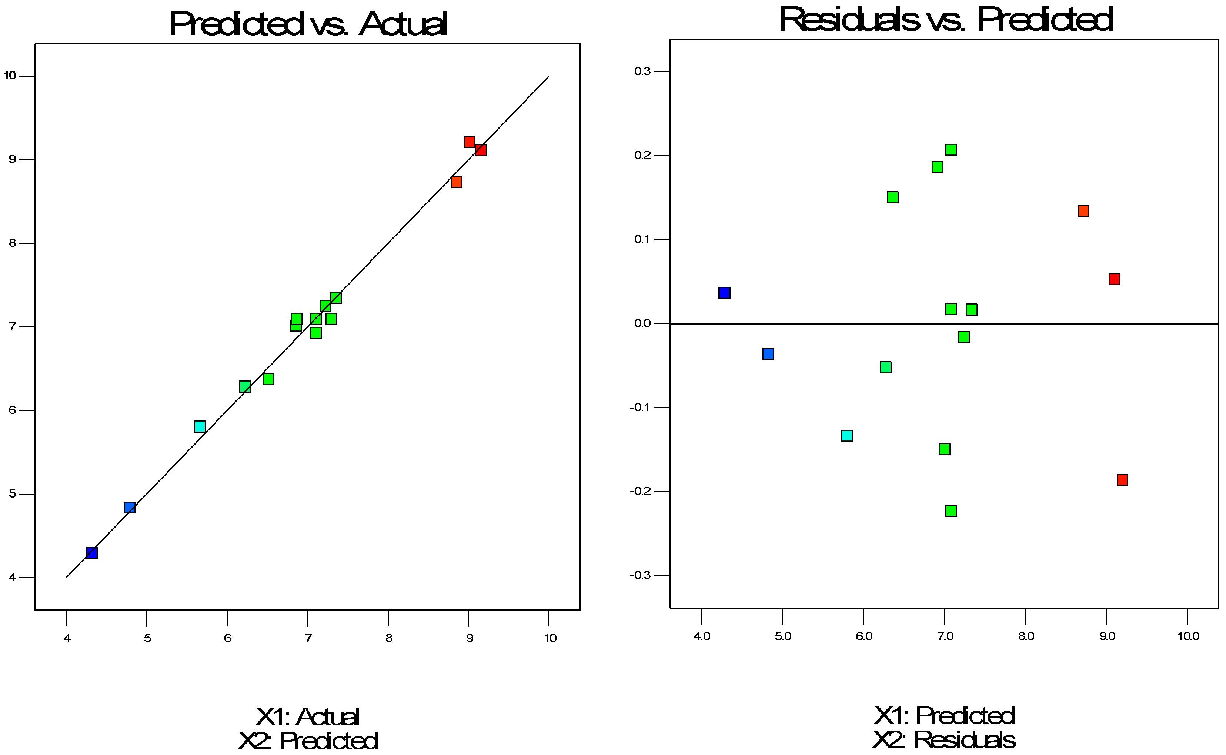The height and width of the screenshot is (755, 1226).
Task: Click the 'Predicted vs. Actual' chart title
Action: (x=307, y=24)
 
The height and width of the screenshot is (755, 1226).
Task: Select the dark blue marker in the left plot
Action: (x=92, y=553)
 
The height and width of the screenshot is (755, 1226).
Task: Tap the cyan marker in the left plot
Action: (x=200, y=426)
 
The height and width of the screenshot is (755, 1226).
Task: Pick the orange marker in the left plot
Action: (x=456, y=182)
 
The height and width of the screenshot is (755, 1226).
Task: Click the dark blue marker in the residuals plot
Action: (x=724, y=293)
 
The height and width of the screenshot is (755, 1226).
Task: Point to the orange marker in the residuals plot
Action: (x=1083, y=211)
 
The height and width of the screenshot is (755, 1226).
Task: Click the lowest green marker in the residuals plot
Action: (x=951, y=511)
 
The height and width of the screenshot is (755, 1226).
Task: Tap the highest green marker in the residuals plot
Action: (x=951, y=150)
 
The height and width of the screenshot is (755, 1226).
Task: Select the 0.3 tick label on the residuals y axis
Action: (x=642, y=71)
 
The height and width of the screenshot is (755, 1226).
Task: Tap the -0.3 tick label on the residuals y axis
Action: (x=640, y=576)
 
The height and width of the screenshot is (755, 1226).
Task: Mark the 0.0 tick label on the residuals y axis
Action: (x=642, y=323)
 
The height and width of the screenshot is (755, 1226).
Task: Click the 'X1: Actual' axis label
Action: (x=307, y=717)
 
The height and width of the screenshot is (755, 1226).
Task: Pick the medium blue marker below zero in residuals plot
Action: (x=768, y=354)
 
